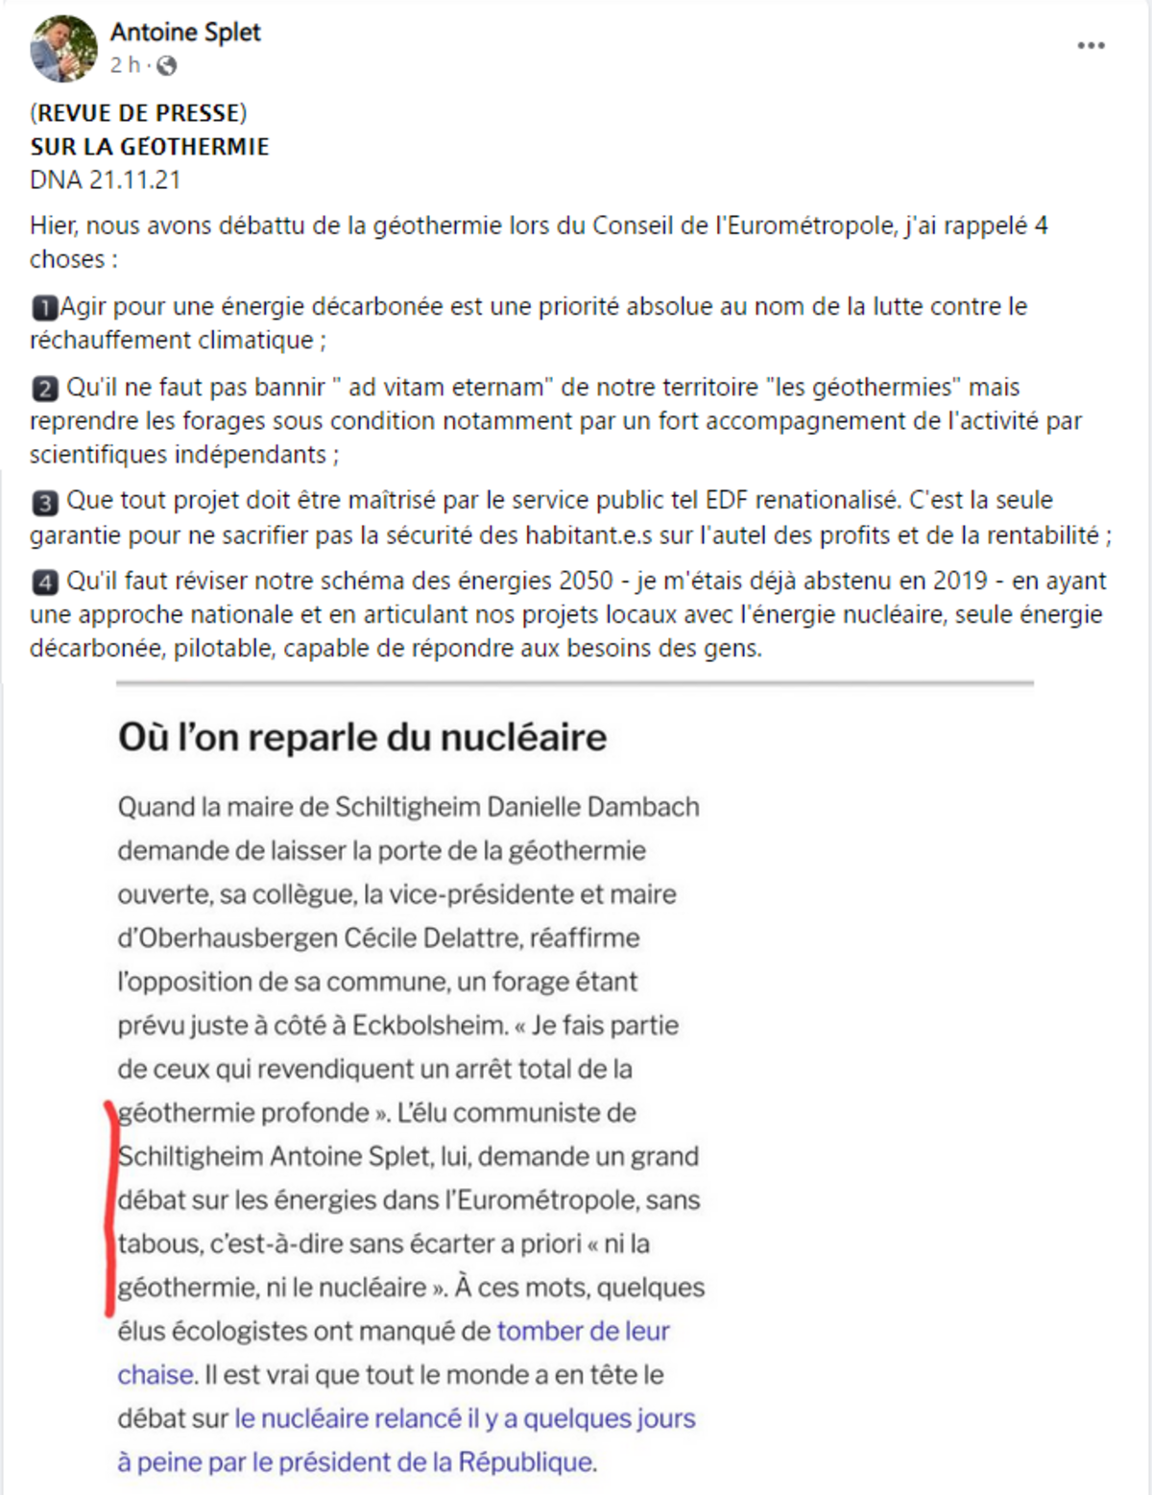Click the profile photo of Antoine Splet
[63, 48]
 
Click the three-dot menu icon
[1091, 46]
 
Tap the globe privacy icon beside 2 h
[167, 65]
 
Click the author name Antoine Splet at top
[185, 32]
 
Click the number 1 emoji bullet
[44, 307]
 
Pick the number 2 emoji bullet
[44, 388]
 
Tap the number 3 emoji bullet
[44, 501]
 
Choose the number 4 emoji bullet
[44, 581]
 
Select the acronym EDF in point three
[726, 500]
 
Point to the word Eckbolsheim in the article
[429, 1025]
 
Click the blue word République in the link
[526, 1461]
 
